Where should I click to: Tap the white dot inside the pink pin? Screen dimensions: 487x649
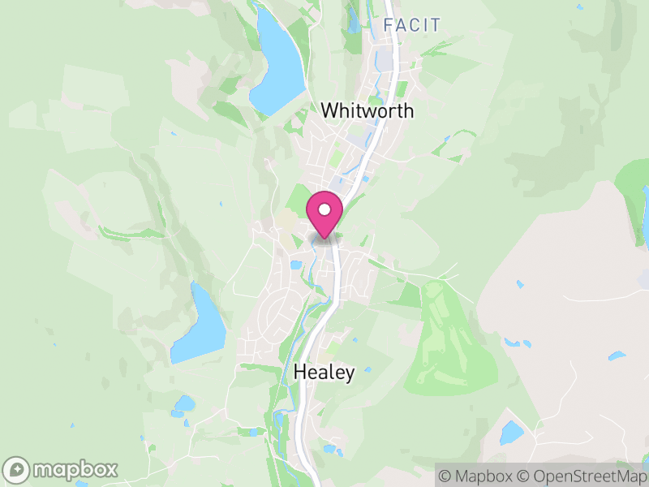324,210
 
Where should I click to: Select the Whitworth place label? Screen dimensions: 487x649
367,110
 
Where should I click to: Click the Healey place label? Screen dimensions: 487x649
324,373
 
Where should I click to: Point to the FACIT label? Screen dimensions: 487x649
412,25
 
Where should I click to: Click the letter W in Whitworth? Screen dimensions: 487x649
329,110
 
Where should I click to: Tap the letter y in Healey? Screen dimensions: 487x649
350,375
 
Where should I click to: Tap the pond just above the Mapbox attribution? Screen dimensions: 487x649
511,433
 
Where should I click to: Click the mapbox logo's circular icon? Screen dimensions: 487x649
17,470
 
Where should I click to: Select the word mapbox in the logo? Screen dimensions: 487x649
75,470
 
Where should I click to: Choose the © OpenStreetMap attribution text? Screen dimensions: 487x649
582,476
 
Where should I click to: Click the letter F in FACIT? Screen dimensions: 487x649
387,25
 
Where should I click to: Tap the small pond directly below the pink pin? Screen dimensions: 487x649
296,265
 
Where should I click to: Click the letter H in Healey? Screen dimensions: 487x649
299,373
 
